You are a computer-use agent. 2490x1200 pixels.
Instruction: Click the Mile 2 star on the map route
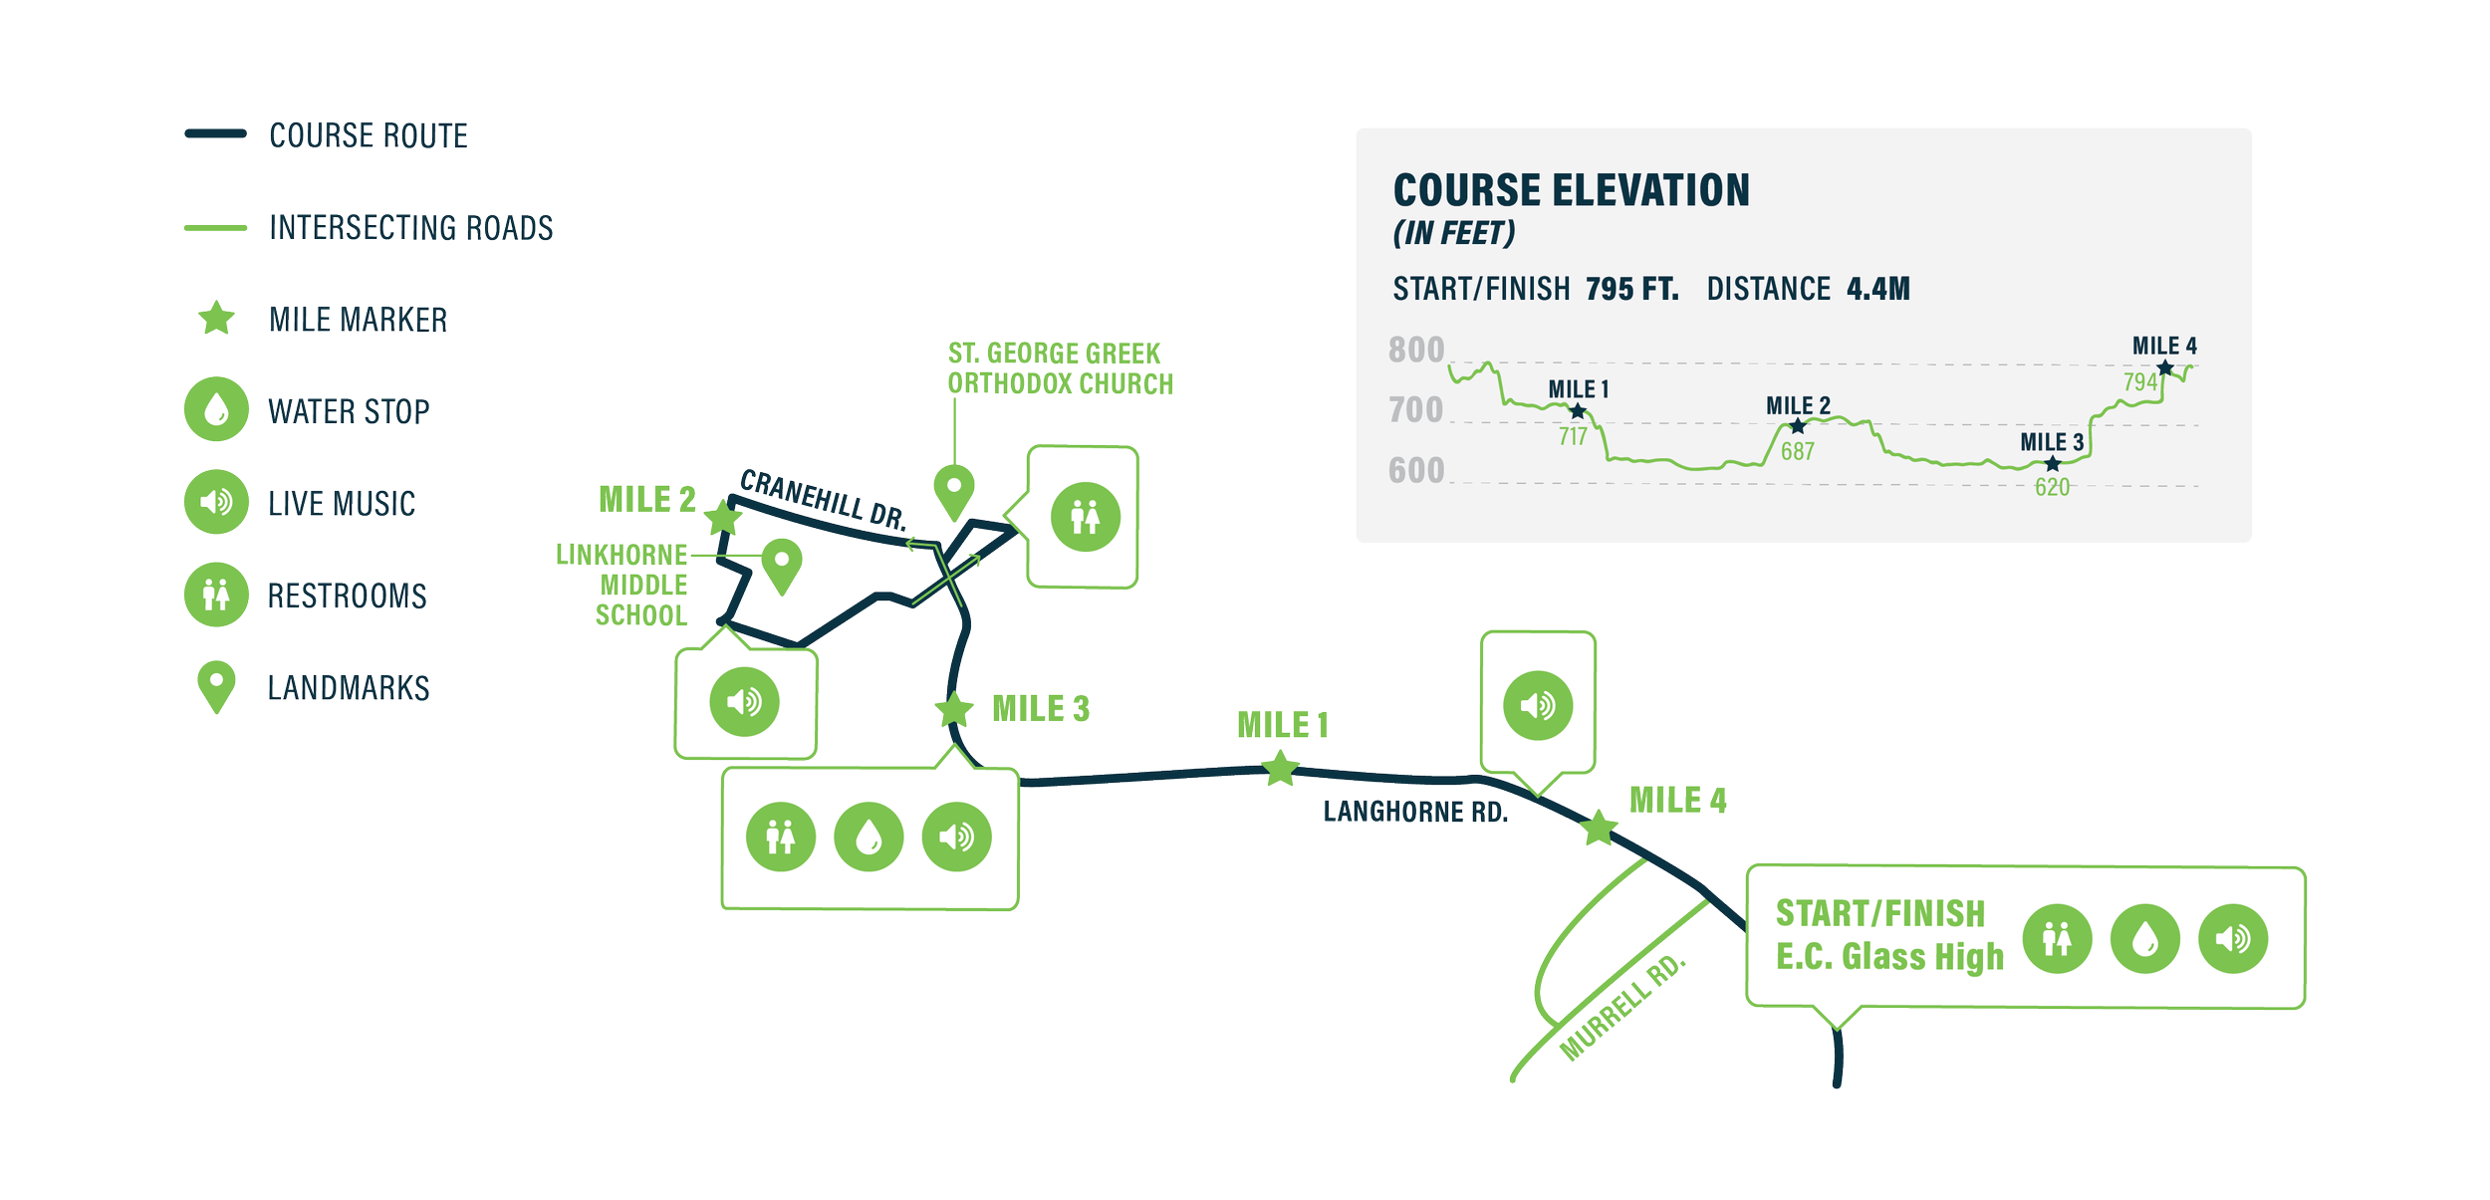[724, 518]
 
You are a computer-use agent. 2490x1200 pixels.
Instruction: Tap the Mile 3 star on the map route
[954, 710]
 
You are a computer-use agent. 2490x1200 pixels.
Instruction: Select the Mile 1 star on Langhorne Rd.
[1281, 769]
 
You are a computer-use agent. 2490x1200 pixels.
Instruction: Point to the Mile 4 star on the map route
[1599, 828]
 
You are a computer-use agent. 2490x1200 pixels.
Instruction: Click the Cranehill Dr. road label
[824, 500]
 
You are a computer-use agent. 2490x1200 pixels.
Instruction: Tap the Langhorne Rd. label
[1415, 813]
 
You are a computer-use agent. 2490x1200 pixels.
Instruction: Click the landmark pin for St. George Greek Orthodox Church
[953, 488]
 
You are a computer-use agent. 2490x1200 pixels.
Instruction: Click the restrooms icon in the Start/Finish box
[2057, 938]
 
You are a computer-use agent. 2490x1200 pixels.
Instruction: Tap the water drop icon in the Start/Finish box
[2145, 938]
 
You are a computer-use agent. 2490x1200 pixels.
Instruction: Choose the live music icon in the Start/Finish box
[2233, 938]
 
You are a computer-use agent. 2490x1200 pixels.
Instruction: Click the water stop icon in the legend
[216, 409]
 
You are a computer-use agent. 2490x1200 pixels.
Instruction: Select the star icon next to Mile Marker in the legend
[216, 319]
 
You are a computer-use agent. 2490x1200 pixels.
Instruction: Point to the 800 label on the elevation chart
[1416, 351]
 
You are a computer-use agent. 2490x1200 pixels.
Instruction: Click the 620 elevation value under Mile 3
[2052, 487]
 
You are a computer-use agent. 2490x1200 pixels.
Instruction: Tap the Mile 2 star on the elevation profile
[1797, 426]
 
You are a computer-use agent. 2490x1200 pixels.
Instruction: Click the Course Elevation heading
[1571, 190]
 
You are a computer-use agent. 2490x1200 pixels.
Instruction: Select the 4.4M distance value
[1877, 289]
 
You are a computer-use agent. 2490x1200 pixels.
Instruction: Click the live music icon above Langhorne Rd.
[1538, 705]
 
